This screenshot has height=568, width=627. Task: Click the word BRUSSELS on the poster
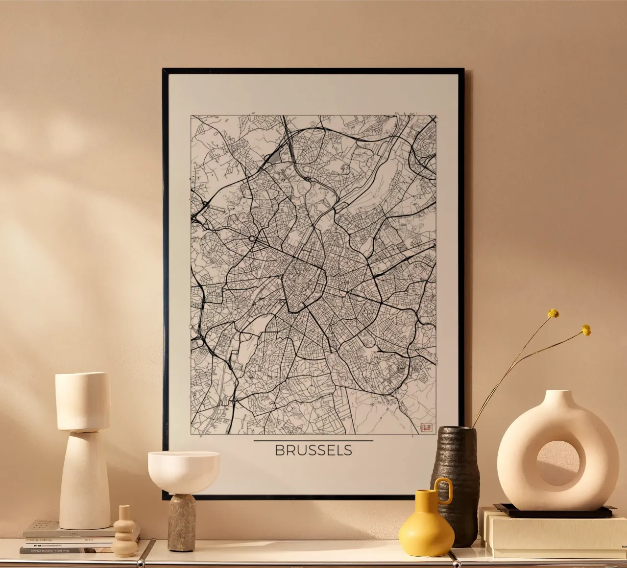313,450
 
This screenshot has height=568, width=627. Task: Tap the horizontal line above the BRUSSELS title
313,441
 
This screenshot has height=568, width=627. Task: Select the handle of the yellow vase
444,490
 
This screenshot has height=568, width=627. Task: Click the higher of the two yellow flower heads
553,313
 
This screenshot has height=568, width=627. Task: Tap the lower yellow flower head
586,330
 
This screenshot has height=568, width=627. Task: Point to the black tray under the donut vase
554,512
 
